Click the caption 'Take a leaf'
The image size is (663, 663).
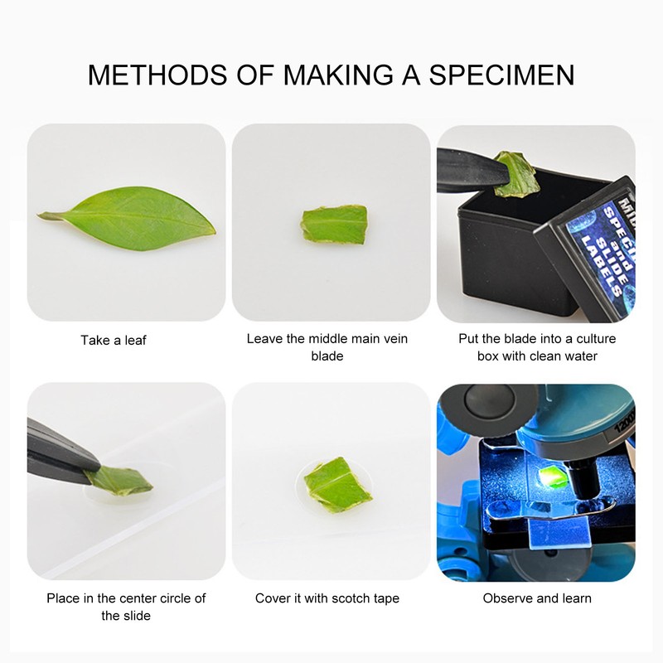114,340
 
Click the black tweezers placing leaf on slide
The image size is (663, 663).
58,452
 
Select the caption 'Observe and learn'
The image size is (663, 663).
537,598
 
